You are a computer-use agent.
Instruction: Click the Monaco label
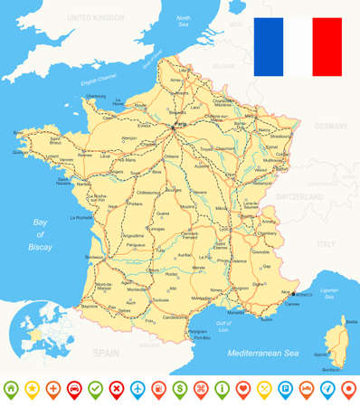pos(304,295)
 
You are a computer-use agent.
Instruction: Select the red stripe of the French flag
pos(327,47)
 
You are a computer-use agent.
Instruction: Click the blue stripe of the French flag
pos(269,47)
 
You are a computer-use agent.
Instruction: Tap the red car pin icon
pos(74,388)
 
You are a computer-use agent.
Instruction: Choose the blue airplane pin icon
pos(137,388)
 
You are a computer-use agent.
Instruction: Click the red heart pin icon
pos(242,388)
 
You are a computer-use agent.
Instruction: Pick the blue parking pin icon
pos(284,388)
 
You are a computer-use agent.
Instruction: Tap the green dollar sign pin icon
pos(179,388)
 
